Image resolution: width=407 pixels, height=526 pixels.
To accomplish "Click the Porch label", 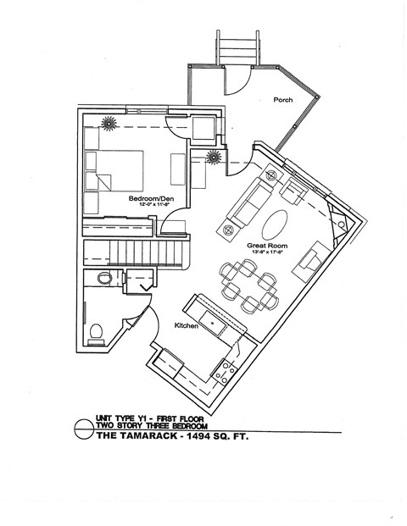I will [282, 100].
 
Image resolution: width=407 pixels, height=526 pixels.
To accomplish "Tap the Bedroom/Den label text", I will [149, 199].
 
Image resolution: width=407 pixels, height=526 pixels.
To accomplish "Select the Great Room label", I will [265, 245].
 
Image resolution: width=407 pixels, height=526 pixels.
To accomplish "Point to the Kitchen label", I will [187, 325].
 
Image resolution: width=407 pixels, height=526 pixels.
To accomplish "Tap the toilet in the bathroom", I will [96, 333].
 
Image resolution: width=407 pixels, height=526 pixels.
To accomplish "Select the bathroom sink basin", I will [103, 279].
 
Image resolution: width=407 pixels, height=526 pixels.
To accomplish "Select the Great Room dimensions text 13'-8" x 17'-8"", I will [265, 252].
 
